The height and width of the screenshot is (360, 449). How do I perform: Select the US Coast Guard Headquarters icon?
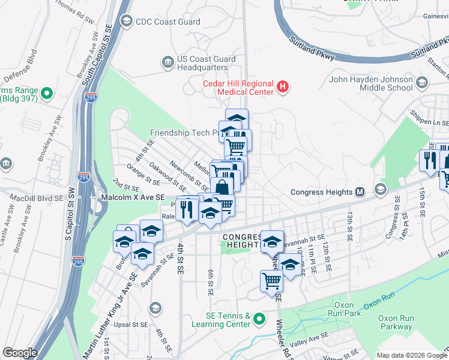click(167, 61)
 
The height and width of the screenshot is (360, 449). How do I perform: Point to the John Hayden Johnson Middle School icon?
click(422, 82)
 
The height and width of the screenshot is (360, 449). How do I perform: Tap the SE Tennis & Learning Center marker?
click(259, 319)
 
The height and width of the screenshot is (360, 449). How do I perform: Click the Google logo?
click(19, 353)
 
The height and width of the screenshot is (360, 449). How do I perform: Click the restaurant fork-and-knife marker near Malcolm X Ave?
click(188, 209)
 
